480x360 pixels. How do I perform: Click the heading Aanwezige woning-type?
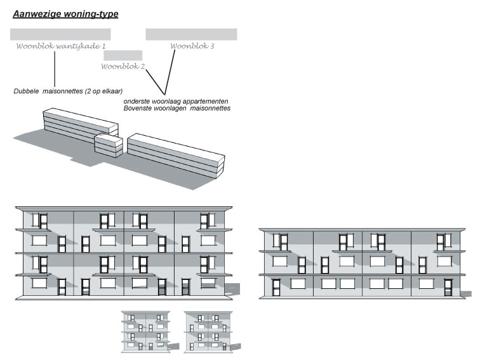tap(65, 15)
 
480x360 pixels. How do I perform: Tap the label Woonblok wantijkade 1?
tap(61, 46)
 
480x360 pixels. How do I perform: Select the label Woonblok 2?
tap(123, 67)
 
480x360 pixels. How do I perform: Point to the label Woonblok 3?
tap(192, 46)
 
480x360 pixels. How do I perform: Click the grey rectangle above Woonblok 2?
tap(123, 55)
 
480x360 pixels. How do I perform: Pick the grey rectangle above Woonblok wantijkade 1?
tap(60, 34)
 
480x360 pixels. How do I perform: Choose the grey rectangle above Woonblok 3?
tap(191, 34)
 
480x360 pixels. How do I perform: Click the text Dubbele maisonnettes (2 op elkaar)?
tap(68, 91)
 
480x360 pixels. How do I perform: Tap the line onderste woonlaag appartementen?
tap(176, 102)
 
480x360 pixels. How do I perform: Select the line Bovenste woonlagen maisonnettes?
tap(177, 109)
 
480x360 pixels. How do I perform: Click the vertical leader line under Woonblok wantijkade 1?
tap(55, 69)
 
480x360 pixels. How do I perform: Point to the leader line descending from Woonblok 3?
tap(170, 72)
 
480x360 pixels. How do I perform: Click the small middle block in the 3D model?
tap(109, 146)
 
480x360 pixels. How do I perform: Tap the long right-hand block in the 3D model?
tap(176, 156)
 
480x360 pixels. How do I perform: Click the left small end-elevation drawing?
tap(146, 331)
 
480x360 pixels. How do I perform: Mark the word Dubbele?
tap(26, 91)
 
